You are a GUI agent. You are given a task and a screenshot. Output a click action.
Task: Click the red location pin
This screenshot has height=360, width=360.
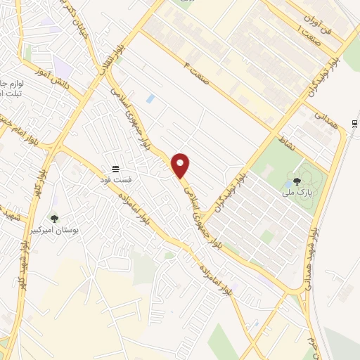tap(181, 165)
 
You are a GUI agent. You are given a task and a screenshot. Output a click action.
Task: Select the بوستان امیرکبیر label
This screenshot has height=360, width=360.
tap(77, 230)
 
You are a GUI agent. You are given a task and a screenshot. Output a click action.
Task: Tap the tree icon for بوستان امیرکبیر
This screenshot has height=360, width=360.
tap(53, 218)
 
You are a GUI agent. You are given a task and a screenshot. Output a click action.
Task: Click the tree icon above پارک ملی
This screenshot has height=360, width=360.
tap(307, 179)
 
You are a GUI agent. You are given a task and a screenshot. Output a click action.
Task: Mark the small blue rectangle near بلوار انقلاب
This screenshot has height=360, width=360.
tap(150, 98)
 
